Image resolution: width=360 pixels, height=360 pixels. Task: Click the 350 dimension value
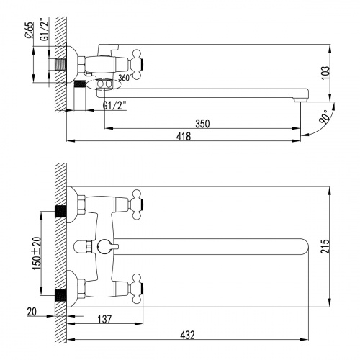click(x=202, y=124)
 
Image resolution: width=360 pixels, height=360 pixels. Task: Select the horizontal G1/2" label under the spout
click(x=114, y=106)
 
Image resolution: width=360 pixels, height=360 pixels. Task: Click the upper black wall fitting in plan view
click(x=61, y=211)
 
